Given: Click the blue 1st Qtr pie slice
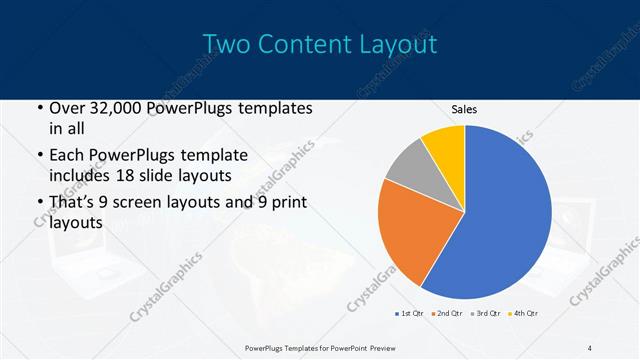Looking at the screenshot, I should click(x=505, y=220).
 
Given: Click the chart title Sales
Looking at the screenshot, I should click(x=464, y=108).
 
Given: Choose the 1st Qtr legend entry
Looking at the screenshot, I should click(x=411, y=315).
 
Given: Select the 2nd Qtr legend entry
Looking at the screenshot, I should click(x=448, y=315).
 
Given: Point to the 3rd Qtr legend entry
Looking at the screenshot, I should click(x=487, y=315).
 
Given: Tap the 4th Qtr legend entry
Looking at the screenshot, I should click(x=525, y=315).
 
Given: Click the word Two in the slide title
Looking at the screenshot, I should click(x=226, y=44).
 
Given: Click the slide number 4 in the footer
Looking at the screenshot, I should click(x=589, y=347).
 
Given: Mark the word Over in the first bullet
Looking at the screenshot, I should click(x=67, y=107).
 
